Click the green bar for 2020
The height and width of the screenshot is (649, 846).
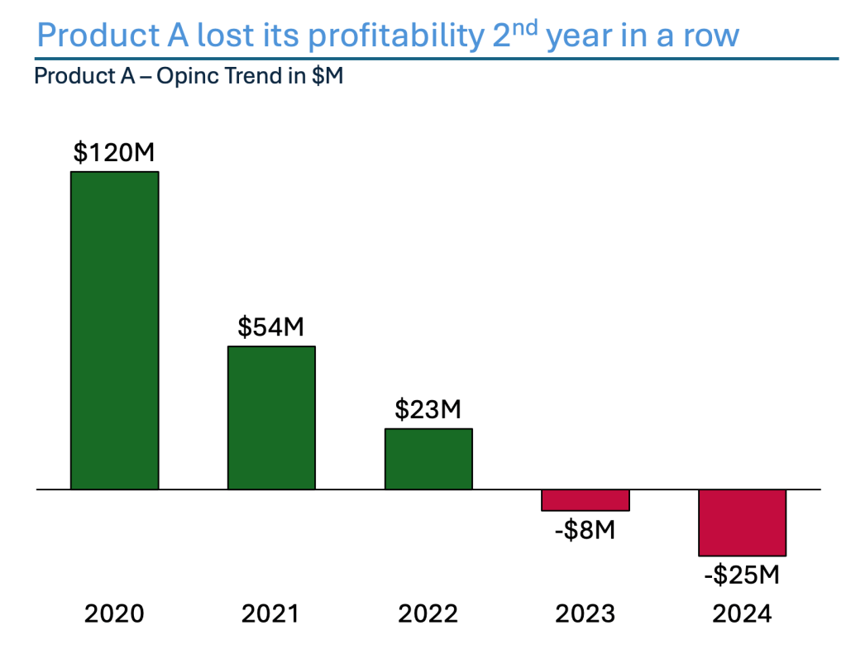114,330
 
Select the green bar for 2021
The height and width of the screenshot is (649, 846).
271,418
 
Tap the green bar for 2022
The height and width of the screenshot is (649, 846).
428,459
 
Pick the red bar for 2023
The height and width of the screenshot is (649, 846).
586,500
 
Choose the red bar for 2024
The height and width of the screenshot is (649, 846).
742,523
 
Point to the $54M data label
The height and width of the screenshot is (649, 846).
271,327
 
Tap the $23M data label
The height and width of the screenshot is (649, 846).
428,409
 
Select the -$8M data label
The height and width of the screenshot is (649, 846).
586,529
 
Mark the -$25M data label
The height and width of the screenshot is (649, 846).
742,573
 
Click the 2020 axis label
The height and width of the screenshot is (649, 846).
114,614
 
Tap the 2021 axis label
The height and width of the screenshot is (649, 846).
271,614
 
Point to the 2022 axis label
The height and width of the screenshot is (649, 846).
428,614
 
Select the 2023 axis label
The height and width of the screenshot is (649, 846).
586,614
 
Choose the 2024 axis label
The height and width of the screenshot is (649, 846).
742,614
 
